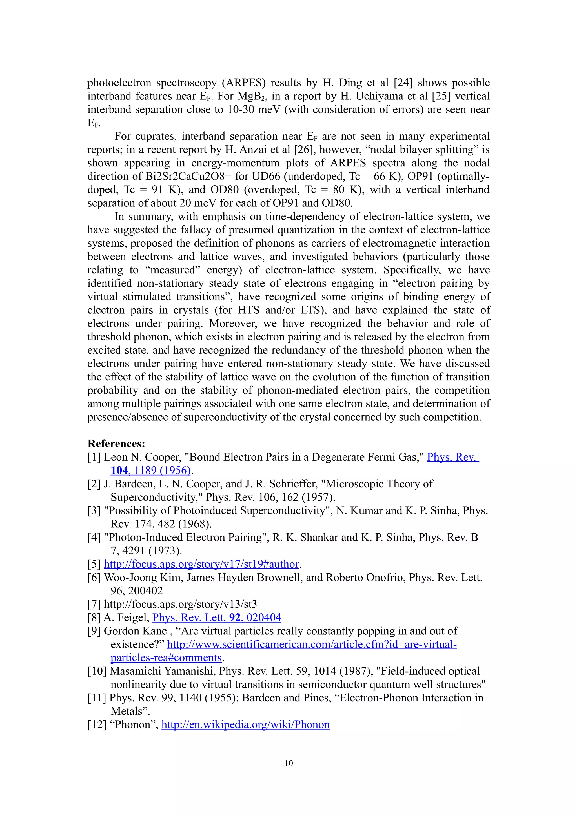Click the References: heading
(116, 444)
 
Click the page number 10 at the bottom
(289, 763)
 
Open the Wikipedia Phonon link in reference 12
(245, 725)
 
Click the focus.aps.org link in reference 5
(201, 564)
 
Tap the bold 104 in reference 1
(119, 471)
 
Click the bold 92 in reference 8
(235, 618)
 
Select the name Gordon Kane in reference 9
(135, 631)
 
